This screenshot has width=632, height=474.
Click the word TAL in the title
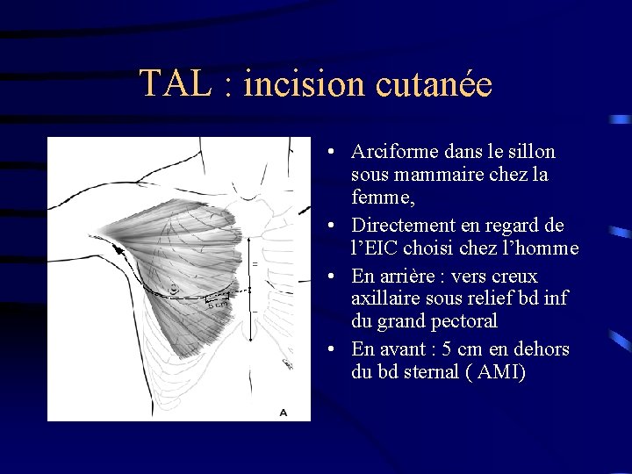pos(172,84)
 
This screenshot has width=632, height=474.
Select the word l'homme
pos(542,248)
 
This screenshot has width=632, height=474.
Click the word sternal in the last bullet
pos(431,372)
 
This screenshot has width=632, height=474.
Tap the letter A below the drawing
pos(283,411)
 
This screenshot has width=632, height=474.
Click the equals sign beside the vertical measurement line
pos(255,263)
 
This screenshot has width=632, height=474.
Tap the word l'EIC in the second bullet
pos(379,248)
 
